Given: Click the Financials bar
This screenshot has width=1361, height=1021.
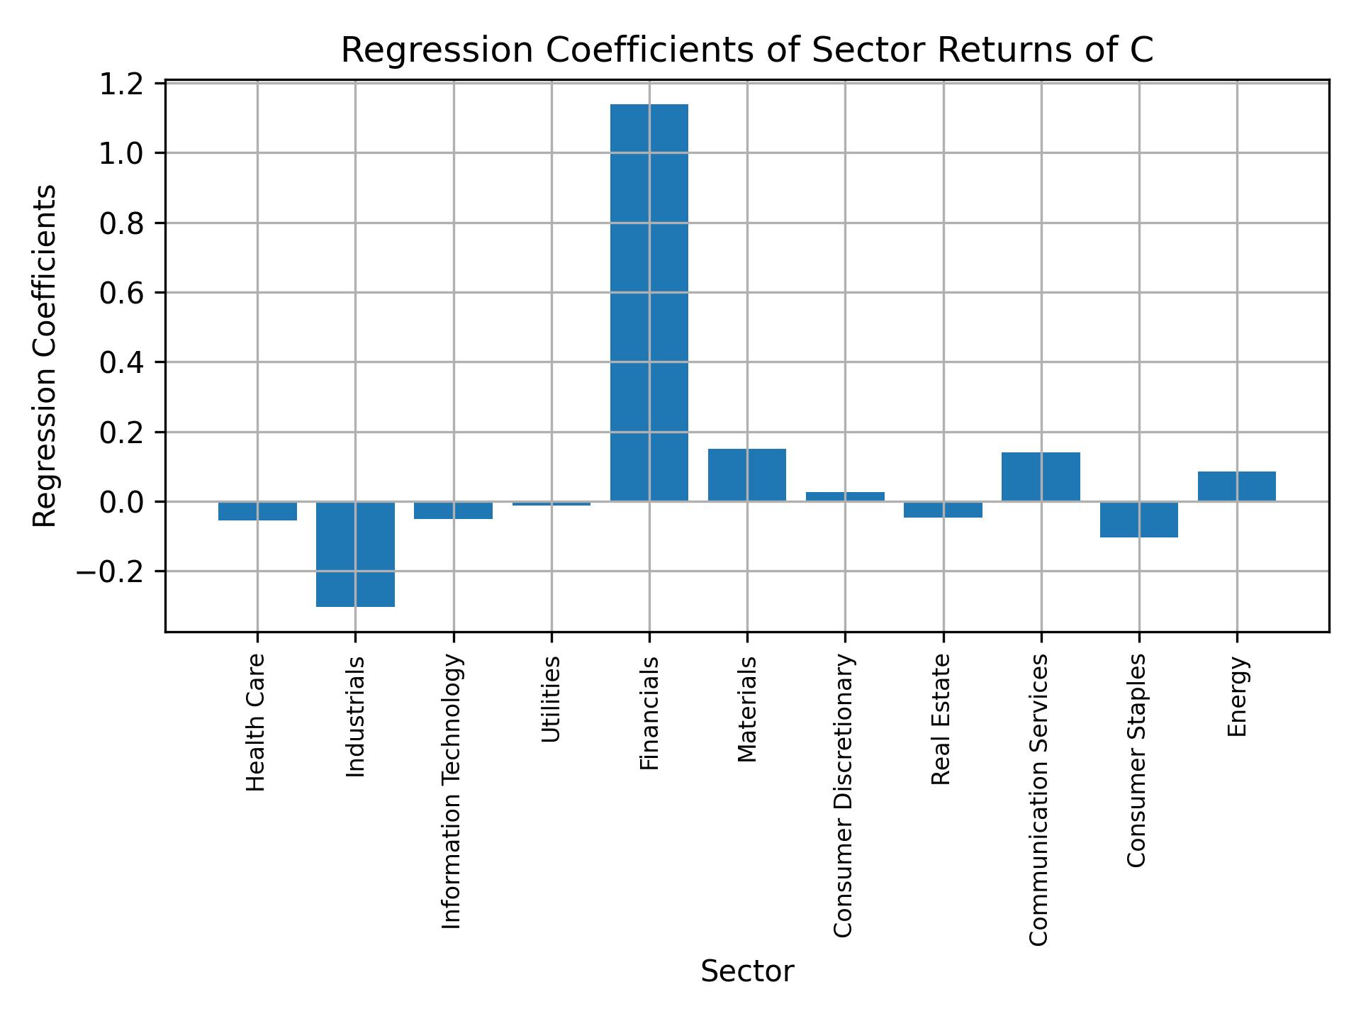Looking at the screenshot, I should click(x=649, y=303).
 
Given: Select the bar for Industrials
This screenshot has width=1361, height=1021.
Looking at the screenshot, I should click(x=355, y=554).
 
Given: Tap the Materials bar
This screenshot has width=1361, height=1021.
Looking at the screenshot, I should click(x=746, y=475).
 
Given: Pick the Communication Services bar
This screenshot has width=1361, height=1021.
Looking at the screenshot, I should click(x=1041, y=476).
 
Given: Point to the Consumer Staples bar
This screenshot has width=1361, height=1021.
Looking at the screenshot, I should click(x=1138, y=519).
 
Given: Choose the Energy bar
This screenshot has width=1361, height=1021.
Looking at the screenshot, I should click(x=1236, y=486).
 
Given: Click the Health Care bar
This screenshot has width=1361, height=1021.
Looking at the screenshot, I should click(x=257, y=510).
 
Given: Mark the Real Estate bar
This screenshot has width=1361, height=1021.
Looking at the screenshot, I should click(x=943, y=509).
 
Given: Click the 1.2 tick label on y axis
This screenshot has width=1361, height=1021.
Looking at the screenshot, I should click(x=121, y=84).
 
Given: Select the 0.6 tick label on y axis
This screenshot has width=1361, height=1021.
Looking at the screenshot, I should click(x=121, y=294).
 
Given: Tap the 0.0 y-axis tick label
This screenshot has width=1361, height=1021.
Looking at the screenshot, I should click(x=121, y=503).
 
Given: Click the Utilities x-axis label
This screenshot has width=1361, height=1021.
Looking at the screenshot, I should click(x=551, y=699).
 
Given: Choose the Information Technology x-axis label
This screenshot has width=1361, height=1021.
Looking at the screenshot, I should click(x=452, y=791).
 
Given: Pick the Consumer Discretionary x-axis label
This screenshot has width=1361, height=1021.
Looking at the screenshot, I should click(x=844, y=796).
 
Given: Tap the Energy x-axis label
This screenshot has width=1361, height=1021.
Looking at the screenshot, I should click(x=1237, y=697).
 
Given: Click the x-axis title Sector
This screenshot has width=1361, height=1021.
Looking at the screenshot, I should click(x=747, y=971).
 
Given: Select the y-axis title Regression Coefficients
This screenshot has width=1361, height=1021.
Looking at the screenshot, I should click(x=45, y=356).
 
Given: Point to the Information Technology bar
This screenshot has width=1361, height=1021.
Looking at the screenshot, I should click(x=453, y=510).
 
